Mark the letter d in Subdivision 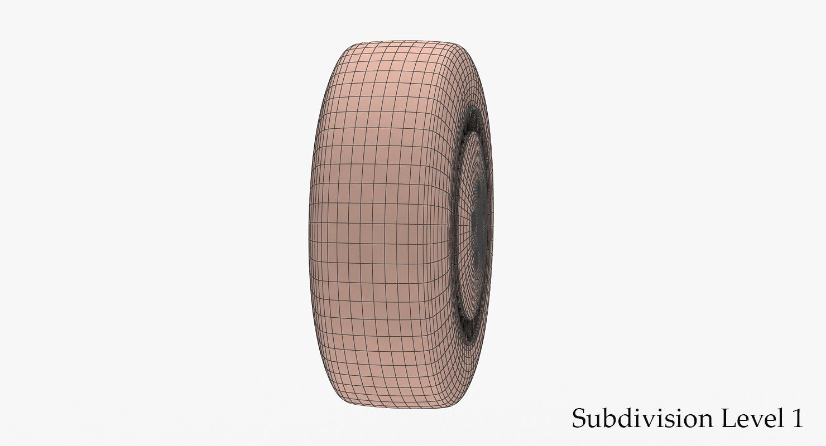pyautogui.click(x=619, y=418)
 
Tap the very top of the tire pyautogui.click(x=402, y=41)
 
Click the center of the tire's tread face pyautogui.click(x=380, y=223)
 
